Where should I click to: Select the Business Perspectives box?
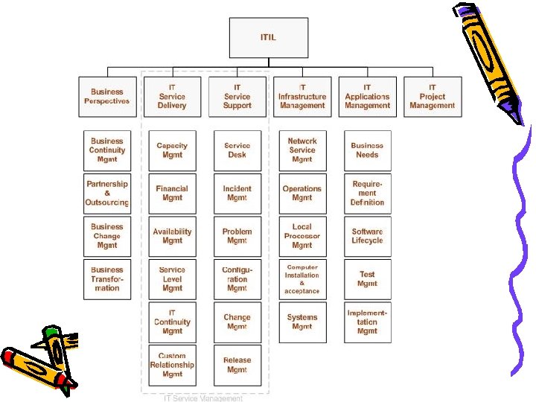click(107, 97)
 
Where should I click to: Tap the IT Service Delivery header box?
click(172, 97)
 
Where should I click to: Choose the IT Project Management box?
click(432, 97)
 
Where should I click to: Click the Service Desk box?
click(237, 150)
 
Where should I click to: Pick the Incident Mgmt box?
click(237, 194)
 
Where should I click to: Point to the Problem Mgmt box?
click(237, 236)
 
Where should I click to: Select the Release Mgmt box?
click(237, 365)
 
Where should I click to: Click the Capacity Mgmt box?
click(172, 150)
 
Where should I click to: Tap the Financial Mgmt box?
click(172, 194)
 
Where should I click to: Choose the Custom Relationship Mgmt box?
click(172, 365)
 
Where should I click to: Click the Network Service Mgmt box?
click(302, 150)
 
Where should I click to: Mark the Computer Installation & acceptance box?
click(302, 279)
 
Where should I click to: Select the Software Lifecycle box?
click(367, 236)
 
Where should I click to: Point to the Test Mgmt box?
click(367, 279)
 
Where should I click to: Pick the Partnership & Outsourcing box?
click(107, 194)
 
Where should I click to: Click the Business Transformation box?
click(107, 279)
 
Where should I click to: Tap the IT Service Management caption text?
click(203, 398)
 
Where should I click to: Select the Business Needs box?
click(367, 150)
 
